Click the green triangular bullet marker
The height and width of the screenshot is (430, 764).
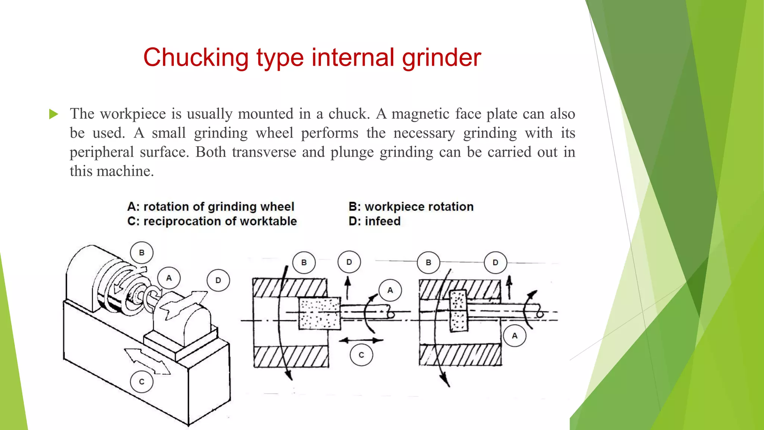tap(54, 114)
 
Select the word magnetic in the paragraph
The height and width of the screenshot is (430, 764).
tap(420, 114)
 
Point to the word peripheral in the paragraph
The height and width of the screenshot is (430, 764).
tap(101, 152)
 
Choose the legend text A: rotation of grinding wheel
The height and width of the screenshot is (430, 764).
tap(211, 207)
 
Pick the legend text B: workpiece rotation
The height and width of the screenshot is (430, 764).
tap(411, 207)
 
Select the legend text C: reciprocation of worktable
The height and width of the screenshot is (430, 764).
tap(212, 221)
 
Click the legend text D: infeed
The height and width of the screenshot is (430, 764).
tap(375, 221)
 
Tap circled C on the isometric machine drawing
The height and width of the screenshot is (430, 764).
tap(142, 382)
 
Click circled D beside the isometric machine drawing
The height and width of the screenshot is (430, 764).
tap(218, 280)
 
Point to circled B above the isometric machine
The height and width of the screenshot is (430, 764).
tap(142, 253)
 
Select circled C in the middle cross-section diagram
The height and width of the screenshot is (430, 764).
tap(361, 355)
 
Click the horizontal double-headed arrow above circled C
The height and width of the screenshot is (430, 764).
tap(361, 340)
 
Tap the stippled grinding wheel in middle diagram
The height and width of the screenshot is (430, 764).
tap(320, 314)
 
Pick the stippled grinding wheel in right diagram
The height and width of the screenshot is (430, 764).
tap(458, 311)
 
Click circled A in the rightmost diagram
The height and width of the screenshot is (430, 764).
tap(514, 336)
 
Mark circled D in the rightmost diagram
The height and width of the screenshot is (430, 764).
tap(495, 262)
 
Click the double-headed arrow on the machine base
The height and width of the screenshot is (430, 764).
tap(147, 361)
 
